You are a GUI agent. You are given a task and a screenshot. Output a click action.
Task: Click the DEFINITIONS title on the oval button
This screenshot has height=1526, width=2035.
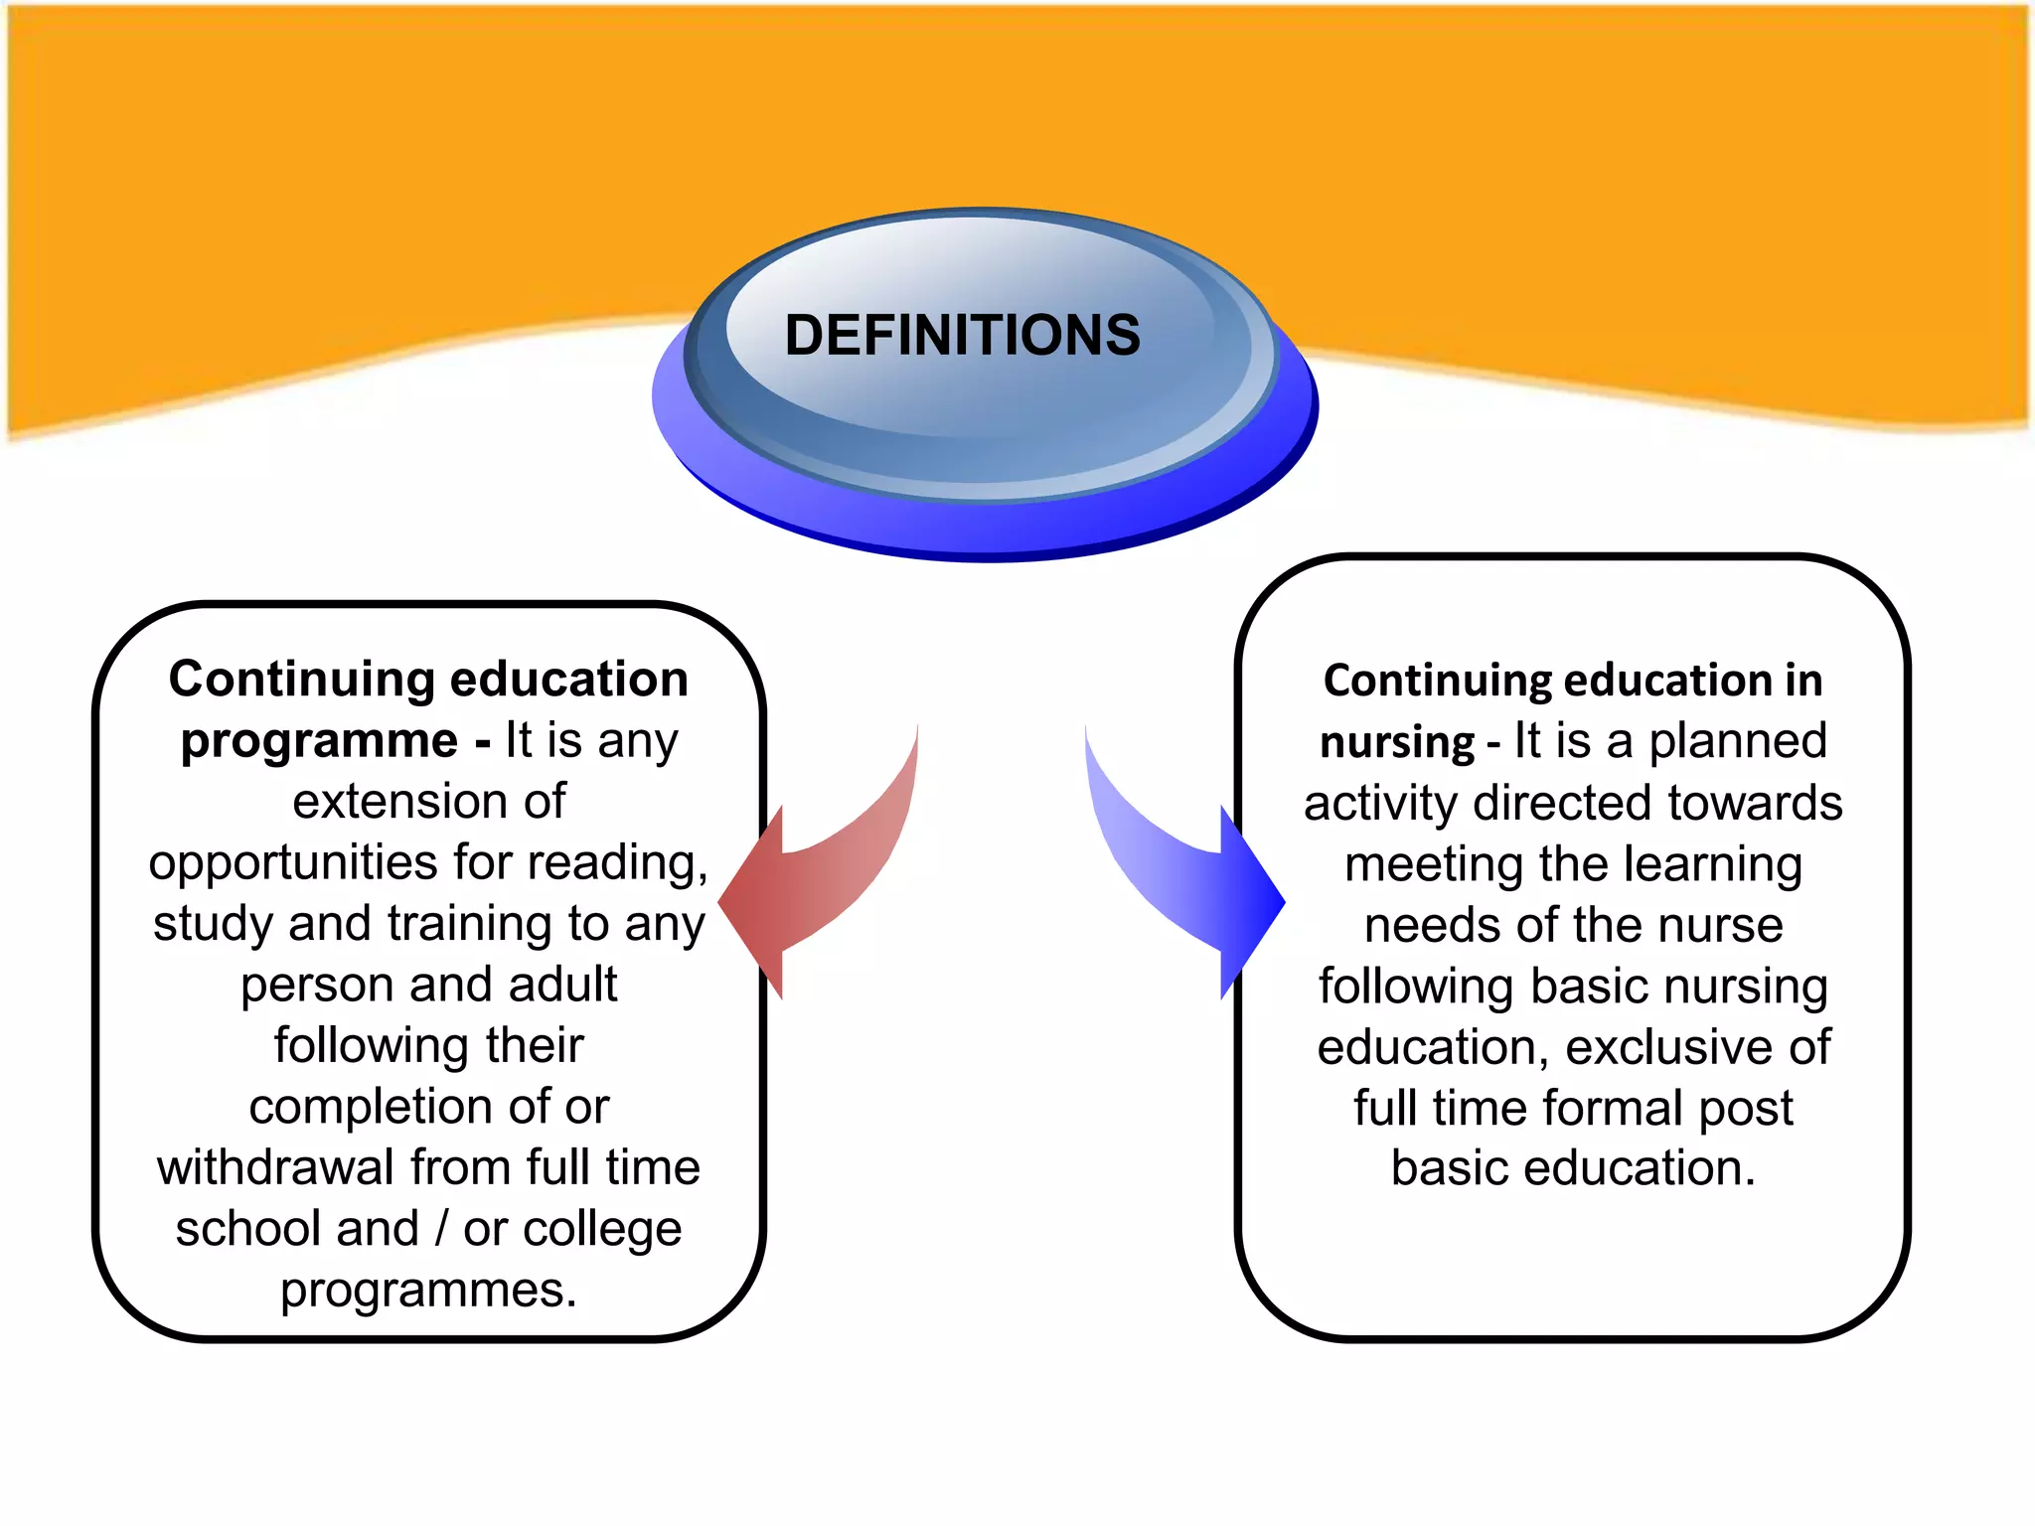pyautogui.click(x=962, y=335)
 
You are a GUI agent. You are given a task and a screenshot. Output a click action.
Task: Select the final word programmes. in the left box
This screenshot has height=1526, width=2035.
pyautogui.click(x=428, y=1291)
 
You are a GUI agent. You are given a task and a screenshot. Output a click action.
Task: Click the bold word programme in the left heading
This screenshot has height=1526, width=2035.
pyautogui.click(x=319, y=741)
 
